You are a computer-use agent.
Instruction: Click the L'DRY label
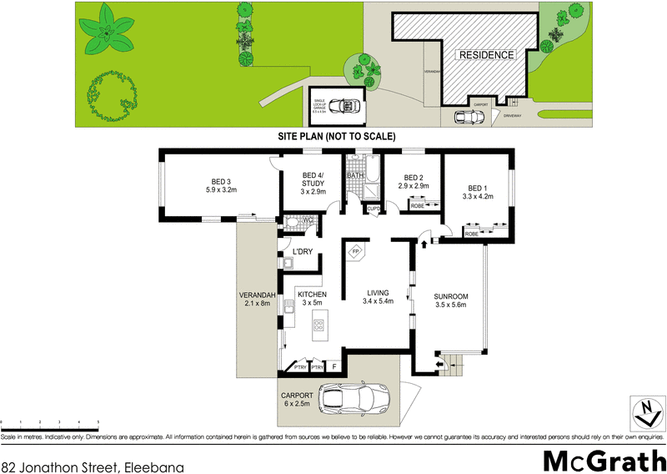pos(302,252)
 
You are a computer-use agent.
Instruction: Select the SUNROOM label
pos(451,296)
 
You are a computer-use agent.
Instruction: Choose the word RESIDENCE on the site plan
pos(485,55)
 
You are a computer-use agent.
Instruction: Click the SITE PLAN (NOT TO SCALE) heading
pos(336,136)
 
